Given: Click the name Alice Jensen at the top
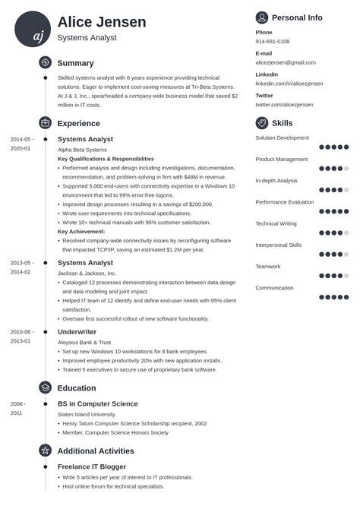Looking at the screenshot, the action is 101,21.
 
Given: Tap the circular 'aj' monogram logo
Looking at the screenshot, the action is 33,29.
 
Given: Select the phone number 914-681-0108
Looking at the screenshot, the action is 273,42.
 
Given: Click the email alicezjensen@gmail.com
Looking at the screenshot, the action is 286,62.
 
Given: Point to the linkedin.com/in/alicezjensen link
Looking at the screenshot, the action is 289,84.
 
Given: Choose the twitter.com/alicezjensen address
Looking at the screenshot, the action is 284,105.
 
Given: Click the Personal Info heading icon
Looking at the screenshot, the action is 262,17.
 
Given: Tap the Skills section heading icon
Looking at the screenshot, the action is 262,123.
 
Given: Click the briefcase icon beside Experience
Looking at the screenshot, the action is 46,123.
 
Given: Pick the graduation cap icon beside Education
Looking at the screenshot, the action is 46,387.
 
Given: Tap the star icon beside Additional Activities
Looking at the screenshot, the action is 46,451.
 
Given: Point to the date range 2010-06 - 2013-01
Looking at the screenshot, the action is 21,336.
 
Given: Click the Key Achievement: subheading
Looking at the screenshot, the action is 83,231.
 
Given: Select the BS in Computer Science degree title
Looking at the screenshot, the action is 98,403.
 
